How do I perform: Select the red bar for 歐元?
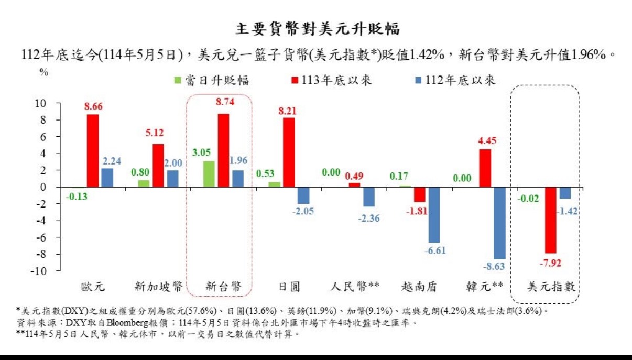tap(93, 150)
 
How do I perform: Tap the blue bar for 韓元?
tap(499, 223)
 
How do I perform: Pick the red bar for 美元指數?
tap(550, 220)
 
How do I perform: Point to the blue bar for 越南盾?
tap(434, 215)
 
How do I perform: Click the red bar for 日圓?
tap(289, 152)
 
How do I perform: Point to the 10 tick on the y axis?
tap(40, 103)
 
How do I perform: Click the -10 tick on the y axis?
tap(38, 271)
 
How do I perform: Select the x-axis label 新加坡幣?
tap(159, 287)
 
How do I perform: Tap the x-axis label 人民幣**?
tap(355, 287)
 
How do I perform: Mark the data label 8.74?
tap(225, 103)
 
